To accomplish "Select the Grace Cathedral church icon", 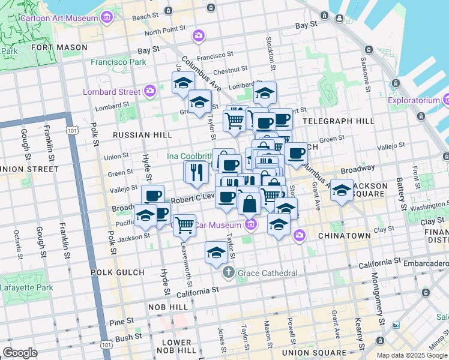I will [x=228, y=273].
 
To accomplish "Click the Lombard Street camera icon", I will [x=150, y=91].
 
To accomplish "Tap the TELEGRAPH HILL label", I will [x=339, y=121].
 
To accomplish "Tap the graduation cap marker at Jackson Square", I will [x=342, y=190].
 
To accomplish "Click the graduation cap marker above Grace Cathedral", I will [x=215, y=252].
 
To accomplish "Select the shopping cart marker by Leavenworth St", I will [x=184, y=226].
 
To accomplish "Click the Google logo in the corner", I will [x=20, y=352].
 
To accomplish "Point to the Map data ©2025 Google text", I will [x=412, y=355].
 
